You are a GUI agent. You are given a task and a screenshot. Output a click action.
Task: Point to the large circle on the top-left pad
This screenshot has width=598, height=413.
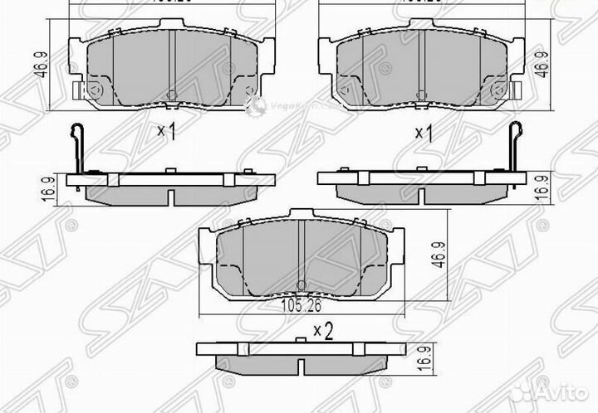(x=95, y=90)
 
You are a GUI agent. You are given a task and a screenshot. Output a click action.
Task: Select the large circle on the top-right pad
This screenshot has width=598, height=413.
(x=499, y=90)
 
